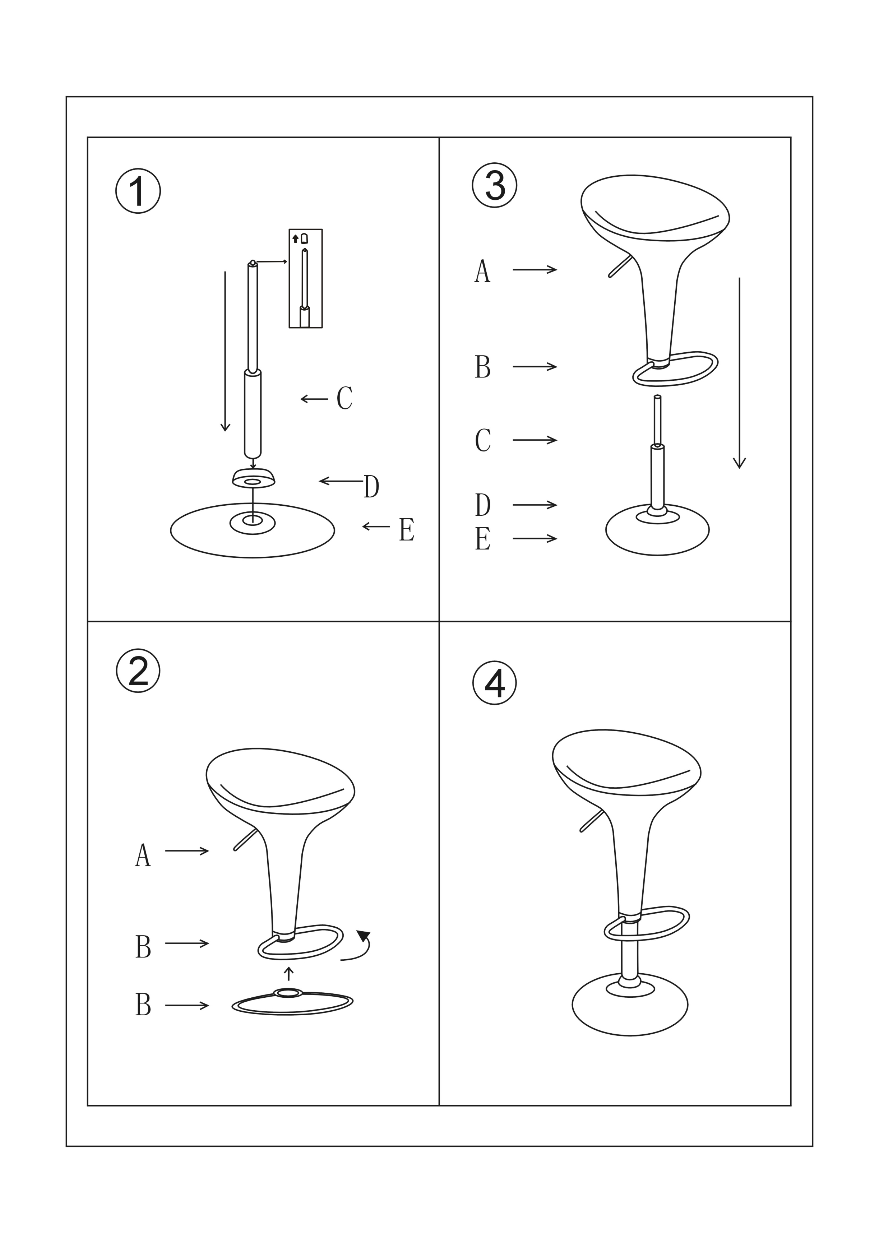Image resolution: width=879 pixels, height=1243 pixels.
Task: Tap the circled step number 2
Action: (138, 671)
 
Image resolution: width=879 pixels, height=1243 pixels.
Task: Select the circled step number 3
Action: (495, 185)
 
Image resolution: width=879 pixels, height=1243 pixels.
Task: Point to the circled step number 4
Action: (495, 683)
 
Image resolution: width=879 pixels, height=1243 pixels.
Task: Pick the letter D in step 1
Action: (371, 486)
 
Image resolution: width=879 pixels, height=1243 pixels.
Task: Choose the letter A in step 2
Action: (143, 855)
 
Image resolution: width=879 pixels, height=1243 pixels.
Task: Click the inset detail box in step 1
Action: (305, 278)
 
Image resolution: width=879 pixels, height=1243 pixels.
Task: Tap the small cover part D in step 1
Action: (254, 478)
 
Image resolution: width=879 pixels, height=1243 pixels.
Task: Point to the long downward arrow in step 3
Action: (739, 373)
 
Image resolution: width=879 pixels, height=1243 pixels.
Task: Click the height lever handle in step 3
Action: (620, 266)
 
